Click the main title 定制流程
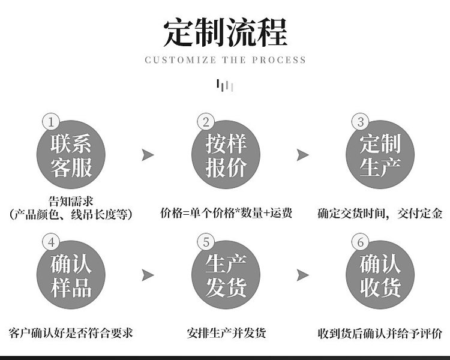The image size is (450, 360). click(225, 32)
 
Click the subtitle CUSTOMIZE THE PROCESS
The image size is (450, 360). click(225, 60)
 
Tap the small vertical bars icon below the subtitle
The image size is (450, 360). click(225, 86)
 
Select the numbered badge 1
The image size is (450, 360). click(51, 122)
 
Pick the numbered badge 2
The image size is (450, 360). click(206, 122)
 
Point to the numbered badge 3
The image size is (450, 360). click(361, 122)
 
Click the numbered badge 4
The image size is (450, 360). click(51, 242)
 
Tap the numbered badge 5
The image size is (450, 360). click(206, 242)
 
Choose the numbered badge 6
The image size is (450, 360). click(361, 242)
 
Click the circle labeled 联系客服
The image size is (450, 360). click(71, 155)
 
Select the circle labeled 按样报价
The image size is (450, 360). click(226, 155)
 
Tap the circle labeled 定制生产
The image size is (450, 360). click(380, 155)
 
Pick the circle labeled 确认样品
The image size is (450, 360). click(71, 275)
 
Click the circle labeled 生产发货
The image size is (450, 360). click(226, 275)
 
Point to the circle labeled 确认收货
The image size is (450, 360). click(380, 275)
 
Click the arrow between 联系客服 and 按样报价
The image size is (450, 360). click(148, 155)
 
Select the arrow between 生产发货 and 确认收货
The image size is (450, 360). click(303, 275)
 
